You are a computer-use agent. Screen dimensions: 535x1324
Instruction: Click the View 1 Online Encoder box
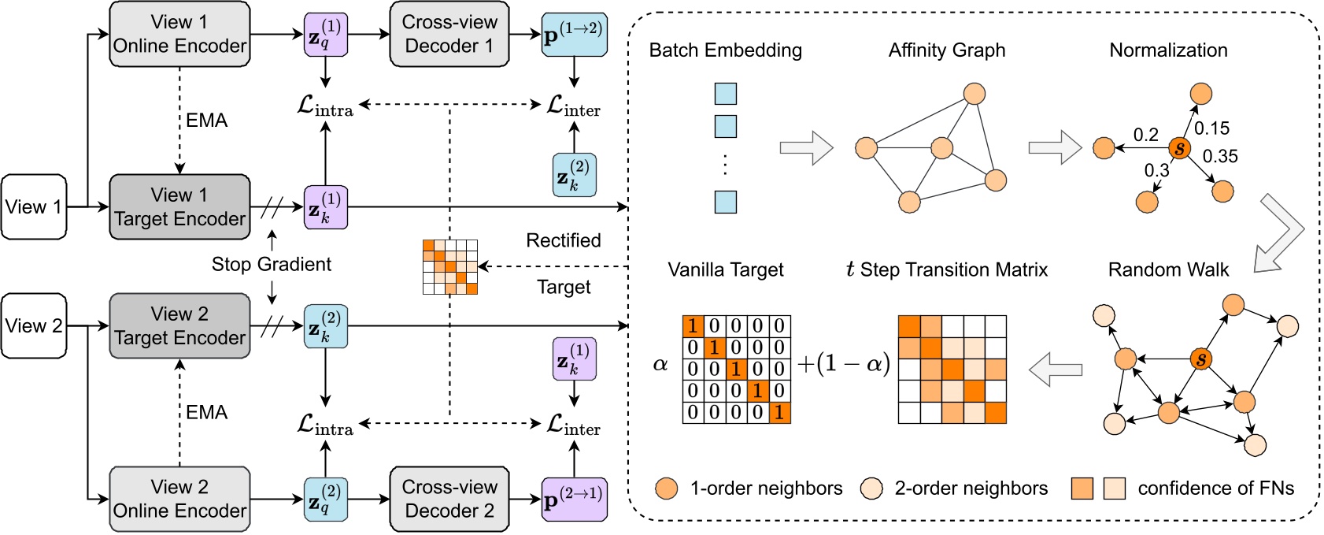click(179, 34)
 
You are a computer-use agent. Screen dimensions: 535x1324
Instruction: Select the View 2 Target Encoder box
click(179, 325)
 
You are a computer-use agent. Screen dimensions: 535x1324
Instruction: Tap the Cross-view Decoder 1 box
click(449, 34)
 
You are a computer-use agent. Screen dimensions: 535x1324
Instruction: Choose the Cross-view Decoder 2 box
click(449, 499)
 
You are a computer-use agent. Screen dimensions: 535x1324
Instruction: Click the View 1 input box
click(34, 207)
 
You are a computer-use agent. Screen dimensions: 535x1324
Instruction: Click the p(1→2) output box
click(574, 35)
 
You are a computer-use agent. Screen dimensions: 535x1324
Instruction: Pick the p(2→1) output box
click(574, 500)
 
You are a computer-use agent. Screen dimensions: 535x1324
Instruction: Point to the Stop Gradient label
click(271, 264)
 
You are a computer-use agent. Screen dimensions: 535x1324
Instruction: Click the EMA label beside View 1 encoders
click(206, 121)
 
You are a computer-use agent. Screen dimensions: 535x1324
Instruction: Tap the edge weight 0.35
click(1220, 157)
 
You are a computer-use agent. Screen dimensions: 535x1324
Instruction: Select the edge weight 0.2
click(1145, 135)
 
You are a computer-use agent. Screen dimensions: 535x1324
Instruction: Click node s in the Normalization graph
click(1178, 148)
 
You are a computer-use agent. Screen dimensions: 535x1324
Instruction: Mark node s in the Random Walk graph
click(1200, 359)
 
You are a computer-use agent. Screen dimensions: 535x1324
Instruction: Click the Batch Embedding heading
click(725, 50)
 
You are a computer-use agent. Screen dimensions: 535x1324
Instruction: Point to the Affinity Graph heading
click(946, 50)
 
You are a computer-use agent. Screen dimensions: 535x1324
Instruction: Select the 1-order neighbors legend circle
click(666, 489)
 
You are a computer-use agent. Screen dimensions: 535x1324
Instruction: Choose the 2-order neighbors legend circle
click(871, 489)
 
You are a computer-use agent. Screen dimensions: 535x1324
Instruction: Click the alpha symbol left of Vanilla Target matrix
click(660, 363)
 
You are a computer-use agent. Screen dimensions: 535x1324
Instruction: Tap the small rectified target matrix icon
click(450, 266)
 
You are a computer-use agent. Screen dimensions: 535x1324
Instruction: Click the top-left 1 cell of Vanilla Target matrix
click(693, 326)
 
